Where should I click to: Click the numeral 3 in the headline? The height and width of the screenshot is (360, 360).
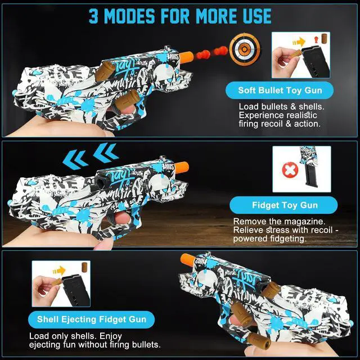tap(93, 16)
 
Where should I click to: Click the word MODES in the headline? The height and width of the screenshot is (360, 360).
tap(129, 16)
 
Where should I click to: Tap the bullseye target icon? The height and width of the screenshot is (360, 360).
tap(245, 49)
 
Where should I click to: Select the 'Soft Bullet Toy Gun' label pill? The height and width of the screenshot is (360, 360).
tap(280, 90)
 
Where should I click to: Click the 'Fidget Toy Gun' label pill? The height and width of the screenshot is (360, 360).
tap(283, 205)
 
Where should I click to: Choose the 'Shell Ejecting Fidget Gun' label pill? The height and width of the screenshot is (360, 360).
tap(91, 319)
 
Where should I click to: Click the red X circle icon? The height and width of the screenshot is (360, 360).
tap(290, 170)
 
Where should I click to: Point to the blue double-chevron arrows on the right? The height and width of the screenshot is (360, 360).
tap(106, 152)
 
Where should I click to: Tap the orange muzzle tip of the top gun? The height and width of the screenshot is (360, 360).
tap(186, 57)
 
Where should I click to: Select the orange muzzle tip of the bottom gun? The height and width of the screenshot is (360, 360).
tap(187, 260)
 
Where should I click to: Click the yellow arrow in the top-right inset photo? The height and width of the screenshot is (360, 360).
tap(299, 42)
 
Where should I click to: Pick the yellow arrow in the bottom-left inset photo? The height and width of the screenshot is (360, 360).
tap(59, 271)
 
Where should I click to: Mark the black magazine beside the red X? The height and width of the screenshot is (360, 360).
tap(312, 176)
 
